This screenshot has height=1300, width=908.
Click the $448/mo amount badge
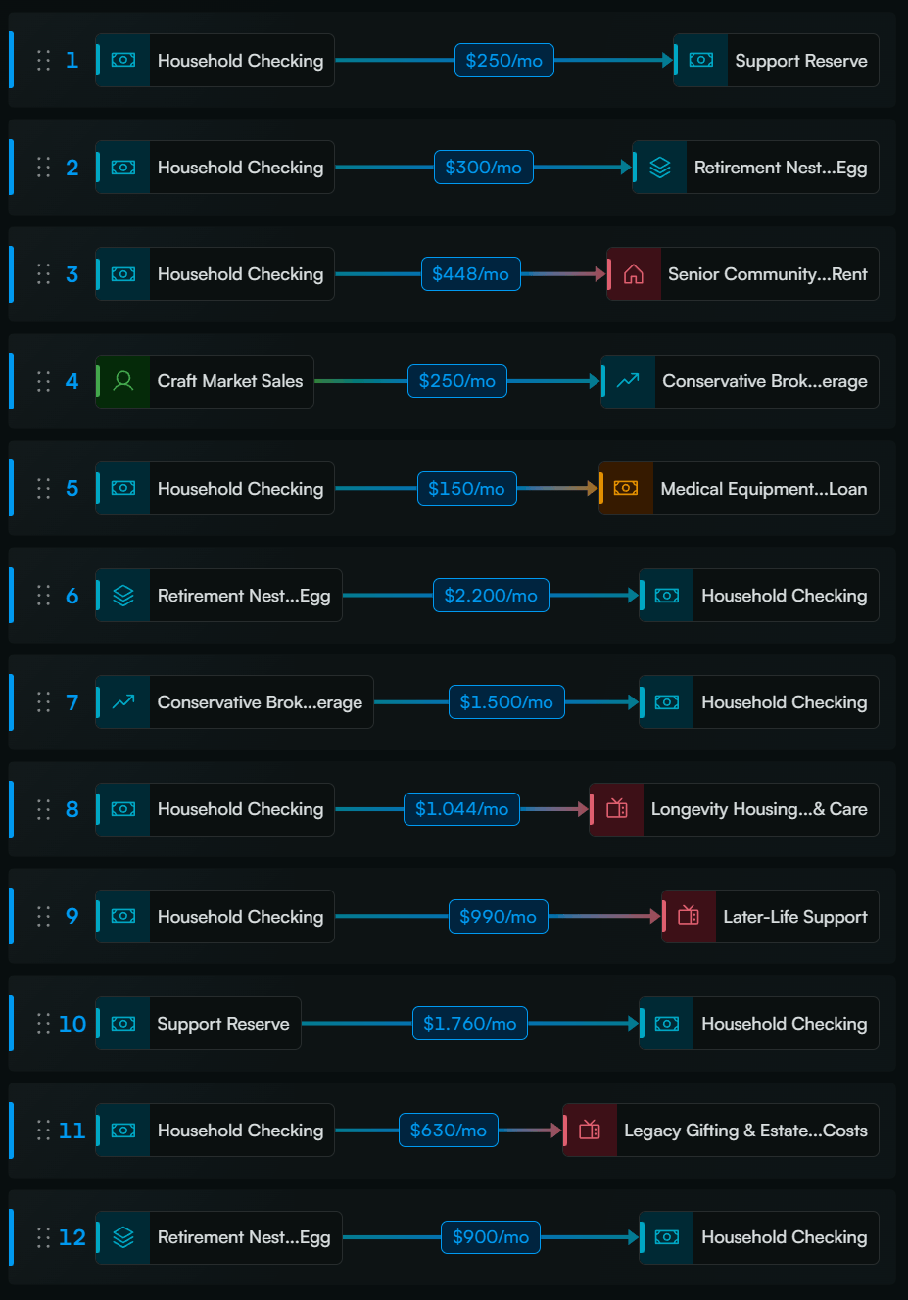click(470, 274)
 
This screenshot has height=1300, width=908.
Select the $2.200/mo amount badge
click(491, 596)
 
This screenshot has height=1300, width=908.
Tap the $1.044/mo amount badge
click(461, 809)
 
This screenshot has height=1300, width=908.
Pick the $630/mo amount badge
click(449, 1131)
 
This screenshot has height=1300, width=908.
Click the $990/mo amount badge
click(499, 916)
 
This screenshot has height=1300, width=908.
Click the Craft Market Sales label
click(230, 381)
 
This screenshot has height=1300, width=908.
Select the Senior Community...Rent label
click(767, 274)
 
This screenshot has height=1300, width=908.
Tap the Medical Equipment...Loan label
click(764, 489)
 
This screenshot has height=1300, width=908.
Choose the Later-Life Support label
click(794, 916)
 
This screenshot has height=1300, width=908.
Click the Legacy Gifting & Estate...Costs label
click(745, 1131)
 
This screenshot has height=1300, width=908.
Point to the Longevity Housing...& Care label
click(759, 809)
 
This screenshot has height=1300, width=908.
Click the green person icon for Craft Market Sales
click(123, 381)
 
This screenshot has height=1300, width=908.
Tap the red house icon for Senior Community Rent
click(634, 274)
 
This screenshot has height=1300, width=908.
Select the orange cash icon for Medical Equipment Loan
click(626, 488)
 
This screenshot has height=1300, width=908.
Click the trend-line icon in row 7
click(123, 702)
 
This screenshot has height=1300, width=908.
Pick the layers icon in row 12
click(123, 1237)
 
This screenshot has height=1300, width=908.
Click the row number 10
click(72, 1024)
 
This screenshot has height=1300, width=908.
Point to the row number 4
click(72, 381)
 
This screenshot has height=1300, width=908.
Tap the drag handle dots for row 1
click(43, 60)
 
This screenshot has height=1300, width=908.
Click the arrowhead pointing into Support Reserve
click(667, 60)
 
